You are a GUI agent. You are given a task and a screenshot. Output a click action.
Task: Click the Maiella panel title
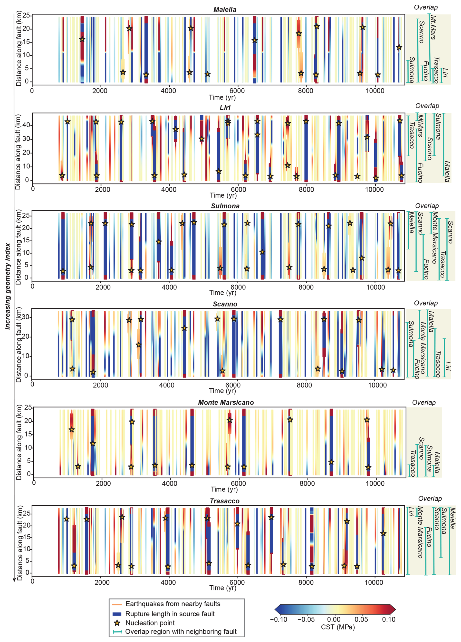pyautogui.click(x=225, y=10)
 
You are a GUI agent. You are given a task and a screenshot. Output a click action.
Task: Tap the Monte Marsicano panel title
pyautogui.click(x=226, y=403)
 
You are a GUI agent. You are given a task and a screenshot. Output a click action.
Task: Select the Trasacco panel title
pyautogui.click(x=225, y=501)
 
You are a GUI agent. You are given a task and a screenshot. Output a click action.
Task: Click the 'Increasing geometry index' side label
pyautogui.click(x=8, y=286)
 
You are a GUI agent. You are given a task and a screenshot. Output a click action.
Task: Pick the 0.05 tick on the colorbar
pyautogui.click(x=361, y=619)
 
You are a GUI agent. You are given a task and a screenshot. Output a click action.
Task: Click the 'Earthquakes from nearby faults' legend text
pyautogui.click(x=173, y=604)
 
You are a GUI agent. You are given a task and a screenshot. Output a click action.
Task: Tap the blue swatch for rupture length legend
pyautogui.click(x=117, y=614)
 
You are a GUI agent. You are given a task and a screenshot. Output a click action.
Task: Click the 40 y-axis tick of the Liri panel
pyautogui.click(x=27, y=125)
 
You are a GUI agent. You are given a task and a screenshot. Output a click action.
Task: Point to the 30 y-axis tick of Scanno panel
pyautogui.click(x=26, y=317)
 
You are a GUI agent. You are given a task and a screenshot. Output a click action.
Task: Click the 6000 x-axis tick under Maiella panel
pyautogui.click(x=237, y=91)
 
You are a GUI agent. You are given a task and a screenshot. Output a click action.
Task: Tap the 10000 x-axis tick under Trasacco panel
pyautogui.click(x=374, y=582)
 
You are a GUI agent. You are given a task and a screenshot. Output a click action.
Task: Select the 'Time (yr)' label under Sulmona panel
pyautogui.click(x=223, y=293)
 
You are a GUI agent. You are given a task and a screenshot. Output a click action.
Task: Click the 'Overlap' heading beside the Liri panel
pyautogui.click(x=427, y=106)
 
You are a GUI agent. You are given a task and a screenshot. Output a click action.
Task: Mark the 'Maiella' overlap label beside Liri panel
pyautogui.click(x=447, y=172)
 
